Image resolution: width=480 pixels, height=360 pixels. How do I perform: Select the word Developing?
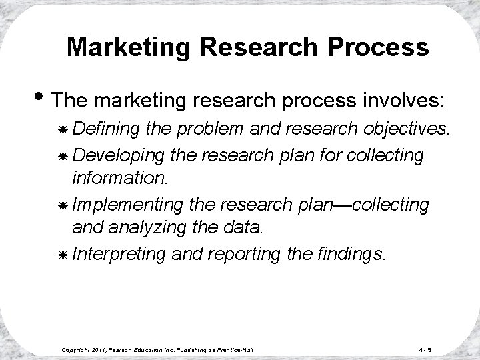[119, 155]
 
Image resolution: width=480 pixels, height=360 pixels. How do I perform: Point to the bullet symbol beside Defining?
[62, 130]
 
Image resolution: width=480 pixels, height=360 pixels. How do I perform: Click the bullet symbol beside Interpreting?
[62, 254]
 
